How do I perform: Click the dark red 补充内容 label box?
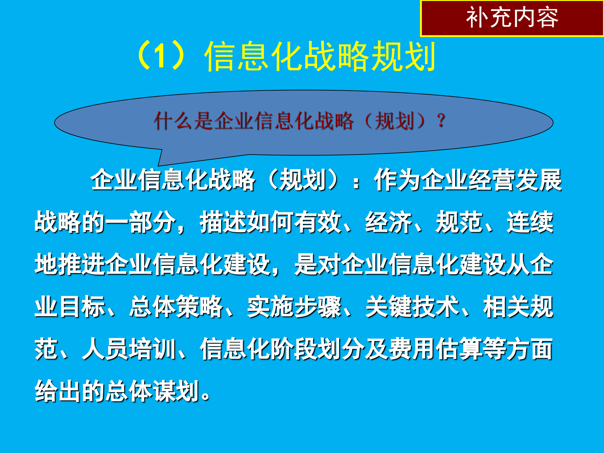pyautogui.click(x=512, y=18)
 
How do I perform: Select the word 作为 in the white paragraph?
pyautogui.click(x=397, y=180)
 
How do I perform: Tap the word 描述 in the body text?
pyautogui.click(x=223, y=222)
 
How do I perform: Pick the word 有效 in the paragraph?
pyautogui.click(x=317, y=222)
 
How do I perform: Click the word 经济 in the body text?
pyautogui.click(x=389, y=222)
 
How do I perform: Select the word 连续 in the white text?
pyautogui.click(x=530, y=222)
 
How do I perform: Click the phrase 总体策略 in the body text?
pyautogui.click(x=176, y=307)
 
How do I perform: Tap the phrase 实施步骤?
pyautogui.click(x=294, y=307)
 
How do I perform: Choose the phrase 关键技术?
pyautogui.click(x=412, y=307)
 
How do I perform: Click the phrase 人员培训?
pyautogui.click(x=129, y=349)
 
